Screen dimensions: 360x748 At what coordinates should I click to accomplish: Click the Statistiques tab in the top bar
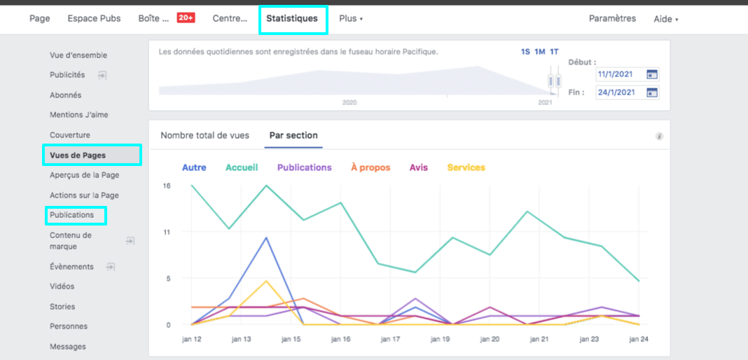point(293,18)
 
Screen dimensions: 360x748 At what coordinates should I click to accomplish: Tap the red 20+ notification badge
point(186,18)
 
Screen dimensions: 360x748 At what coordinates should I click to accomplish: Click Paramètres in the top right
point(612,18)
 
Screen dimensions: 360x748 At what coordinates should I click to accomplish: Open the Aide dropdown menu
point(665,19)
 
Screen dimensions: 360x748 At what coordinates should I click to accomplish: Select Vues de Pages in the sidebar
point(78,155)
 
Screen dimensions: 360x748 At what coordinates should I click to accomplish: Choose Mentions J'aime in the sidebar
point(78,115)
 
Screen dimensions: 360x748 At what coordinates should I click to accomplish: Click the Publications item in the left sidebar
point(71,215)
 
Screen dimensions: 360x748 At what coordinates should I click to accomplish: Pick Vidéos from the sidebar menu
point(62,286)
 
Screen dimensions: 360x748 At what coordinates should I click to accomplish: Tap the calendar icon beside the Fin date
point(651,92)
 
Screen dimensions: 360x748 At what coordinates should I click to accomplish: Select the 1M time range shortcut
point(539,52)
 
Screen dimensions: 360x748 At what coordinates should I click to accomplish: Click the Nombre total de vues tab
point(205,136)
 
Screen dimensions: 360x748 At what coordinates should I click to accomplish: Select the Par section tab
point(293,136)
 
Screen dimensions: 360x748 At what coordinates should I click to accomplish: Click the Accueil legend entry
point(242,167)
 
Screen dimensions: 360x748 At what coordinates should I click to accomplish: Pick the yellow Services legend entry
point(466,167)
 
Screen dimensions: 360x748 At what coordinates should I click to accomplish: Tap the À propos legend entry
point(370,167)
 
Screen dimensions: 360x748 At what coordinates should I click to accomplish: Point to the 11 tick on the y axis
point(167,232)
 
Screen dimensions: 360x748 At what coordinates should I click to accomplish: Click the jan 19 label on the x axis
point(441,339)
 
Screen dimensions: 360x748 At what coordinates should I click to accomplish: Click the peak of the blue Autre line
point(266,237)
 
